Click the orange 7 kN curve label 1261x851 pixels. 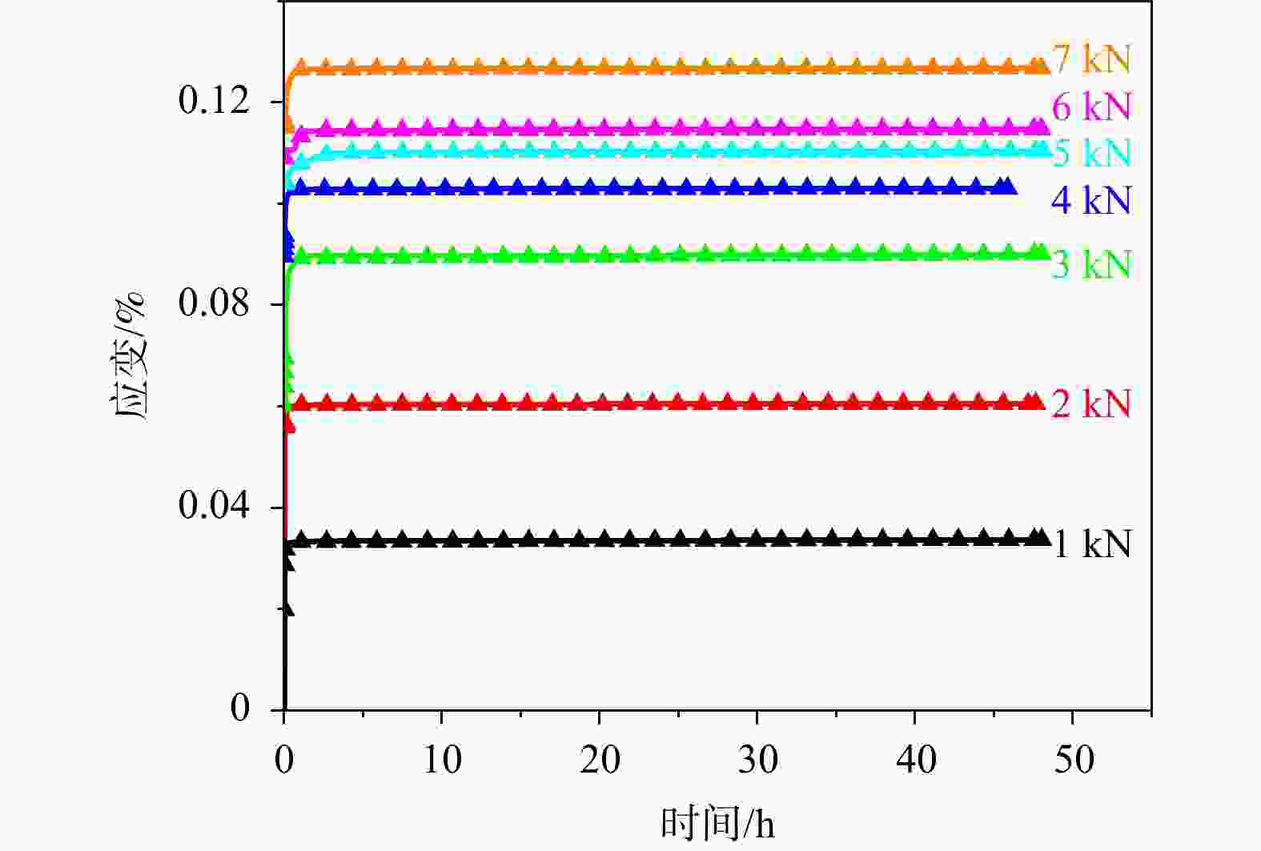click(1091, 58)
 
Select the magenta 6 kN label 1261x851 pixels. click(1091, 106)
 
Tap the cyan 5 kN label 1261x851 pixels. click(1091, 153)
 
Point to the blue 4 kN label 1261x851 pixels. click(1091, 200)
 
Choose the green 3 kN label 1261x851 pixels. click(1091, 264)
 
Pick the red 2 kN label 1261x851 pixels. click(1091, 403)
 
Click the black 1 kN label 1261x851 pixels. click(1091, 544)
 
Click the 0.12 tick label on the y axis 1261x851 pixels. click(214, 101)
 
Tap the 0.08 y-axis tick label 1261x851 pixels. click(214, 303)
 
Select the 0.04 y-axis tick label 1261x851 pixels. click(214, 506)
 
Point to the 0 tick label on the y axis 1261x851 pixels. click(239, 708)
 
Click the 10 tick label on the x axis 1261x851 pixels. click(442, 759)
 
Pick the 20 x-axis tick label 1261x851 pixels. click(600, 759)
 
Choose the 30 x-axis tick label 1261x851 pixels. click(757, 759)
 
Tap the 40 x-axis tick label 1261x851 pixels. click(915, 759)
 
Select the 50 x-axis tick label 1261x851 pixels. click(1073, 759)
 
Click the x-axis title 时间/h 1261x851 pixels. click(717, 823)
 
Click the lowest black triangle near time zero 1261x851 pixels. click(287, 608)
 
